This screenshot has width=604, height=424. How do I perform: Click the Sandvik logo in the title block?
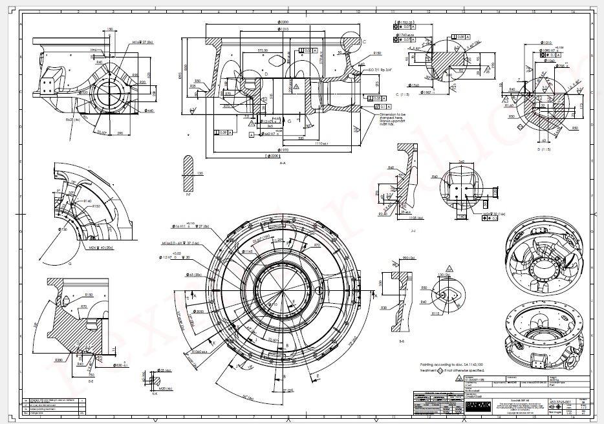(x=478, y=406)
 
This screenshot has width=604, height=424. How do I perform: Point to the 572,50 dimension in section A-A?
(x=245, y=49)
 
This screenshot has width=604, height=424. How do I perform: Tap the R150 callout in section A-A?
(x=377, y=52)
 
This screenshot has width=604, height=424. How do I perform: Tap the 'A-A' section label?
(x=284, y=164)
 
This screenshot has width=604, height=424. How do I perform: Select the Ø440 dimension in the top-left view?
(x=150, y=111)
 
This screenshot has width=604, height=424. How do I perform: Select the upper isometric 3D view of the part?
(x=550, y=254)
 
